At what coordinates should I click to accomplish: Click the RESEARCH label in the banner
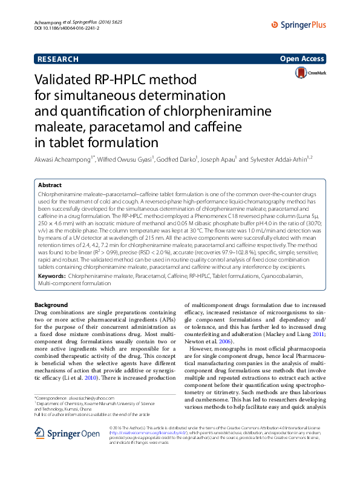(58, 59)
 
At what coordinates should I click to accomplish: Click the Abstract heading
(50, 185)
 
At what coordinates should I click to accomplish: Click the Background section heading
(51, 305)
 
